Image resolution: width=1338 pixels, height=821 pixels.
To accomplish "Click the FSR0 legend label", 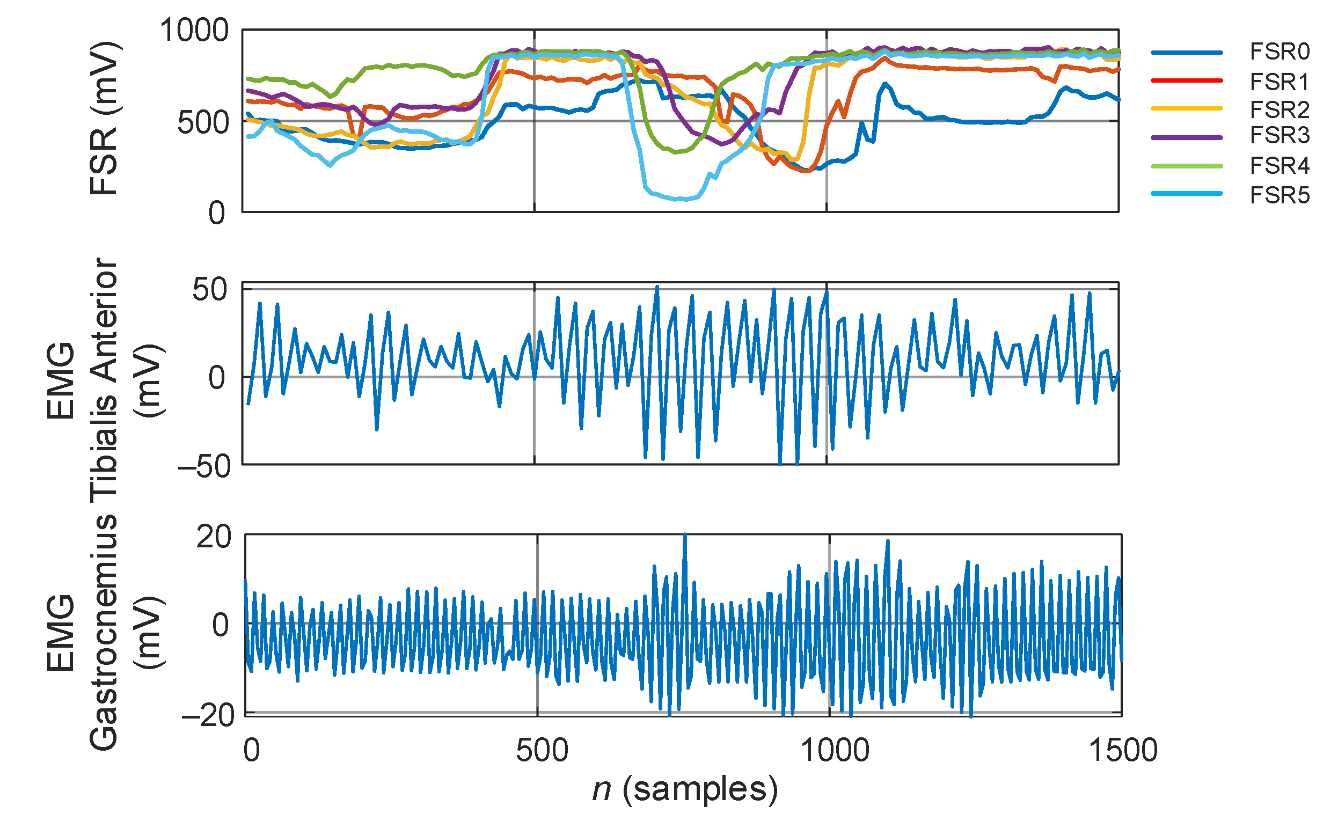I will pyautogui.click(x=1279, y=52).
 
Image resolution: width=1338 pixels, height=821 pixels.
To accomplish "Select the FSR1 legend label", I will pyautogui.click(x=1279, y=82).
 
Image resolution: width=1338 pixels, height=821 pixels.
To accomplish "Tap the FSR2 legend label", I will pyautogui.click(x=1279, y=109).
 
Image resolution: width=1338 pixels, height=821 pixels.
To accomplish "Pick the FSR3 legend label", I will pyautogui.click(x=1279, y=135).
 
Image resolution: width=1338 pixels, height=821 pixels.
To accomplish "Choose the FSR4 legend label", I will pyautogui.click(x=1279, y=166).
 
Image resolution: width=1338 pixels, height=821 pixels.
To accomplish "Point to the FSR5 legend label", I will pyautogui.click(x=1279, y=195).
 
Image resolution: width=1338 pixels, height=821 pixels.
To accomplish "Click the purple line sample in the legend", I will pyautogui.click(x=1187, y=138).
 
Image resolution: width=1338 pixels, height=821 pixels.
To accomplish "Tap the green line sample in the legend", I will pyautogui.click(x=1187, y=166).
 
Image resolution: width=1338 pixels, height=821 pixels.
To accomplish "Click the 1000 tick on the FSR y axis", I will pyautogui.click(x=194, y=31).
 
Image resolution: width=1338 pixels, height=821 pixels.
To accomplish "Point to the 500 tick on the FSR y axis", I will pyautogui.click(x=203, y=123).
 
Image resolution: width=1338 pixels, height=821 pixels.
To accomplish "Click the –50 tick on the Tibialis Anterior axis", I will pyautogui.click(x=204, y=466).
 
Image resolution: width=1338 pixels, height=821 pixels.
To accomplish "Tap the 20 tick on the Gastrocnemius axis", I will pyautogui.click(x=214, y=537).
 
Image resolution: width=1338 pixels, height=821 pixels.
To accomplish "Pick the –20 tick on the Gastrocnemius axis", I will pyautogui.click(x=208, y=716).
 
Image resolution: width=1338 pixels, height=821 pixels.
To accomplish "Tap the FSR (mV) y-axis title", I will pyautogui.click(x=104, y=118).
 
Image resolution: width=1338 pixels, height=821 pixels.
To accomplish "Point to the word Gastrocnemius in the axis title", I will pyautogui.click(x=104, y=633).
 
